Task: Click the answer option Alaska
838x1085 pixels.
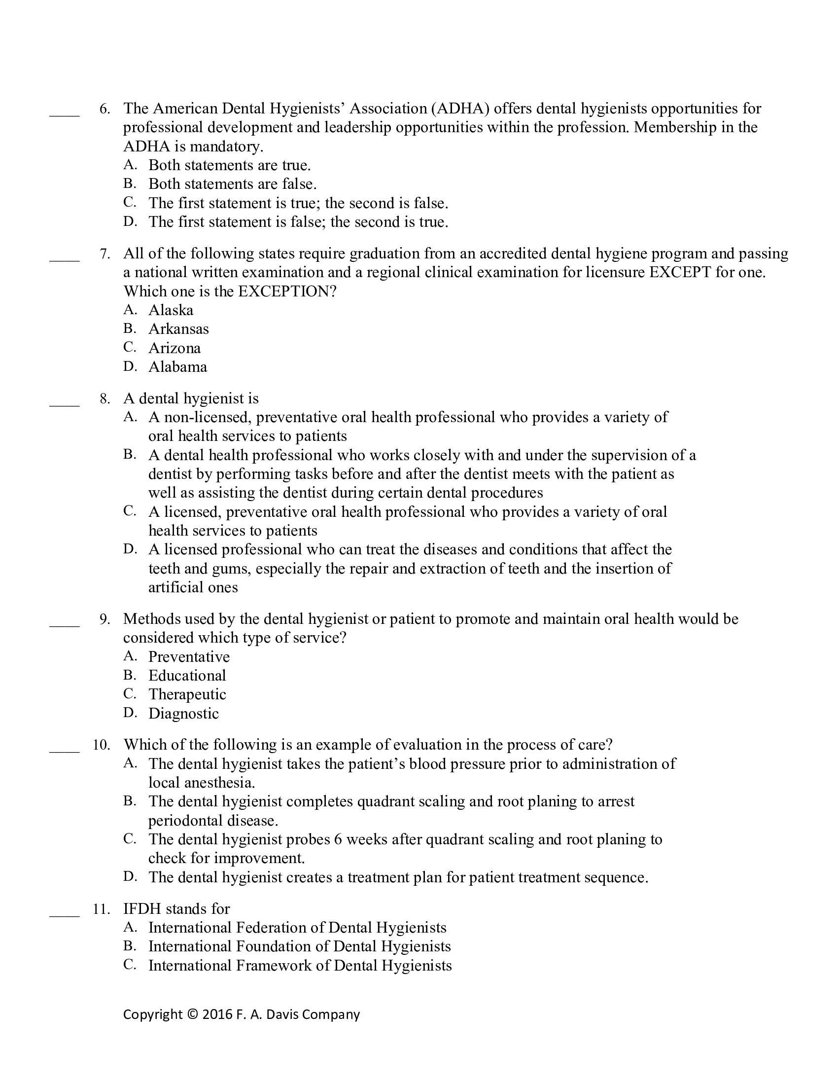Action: [171, 310]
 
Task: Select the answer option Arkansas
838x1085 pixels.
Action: [179, 329]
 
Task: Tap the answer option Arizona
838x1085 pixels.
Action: [175, 348]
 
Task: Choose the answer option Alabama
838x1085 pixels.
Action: [178, 366]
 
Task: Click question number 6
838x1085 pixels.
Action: [105, 108]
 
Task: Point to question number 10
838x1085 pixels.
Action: [101, 745]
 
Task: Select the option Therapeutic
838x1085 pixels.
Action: [187, 694]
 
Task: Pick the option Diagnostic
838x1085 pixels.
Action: [184, 714]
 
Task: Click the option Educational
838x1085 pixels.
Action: [187, 675]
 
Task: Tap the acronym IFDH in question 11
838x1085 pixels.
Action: [142, 908]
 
